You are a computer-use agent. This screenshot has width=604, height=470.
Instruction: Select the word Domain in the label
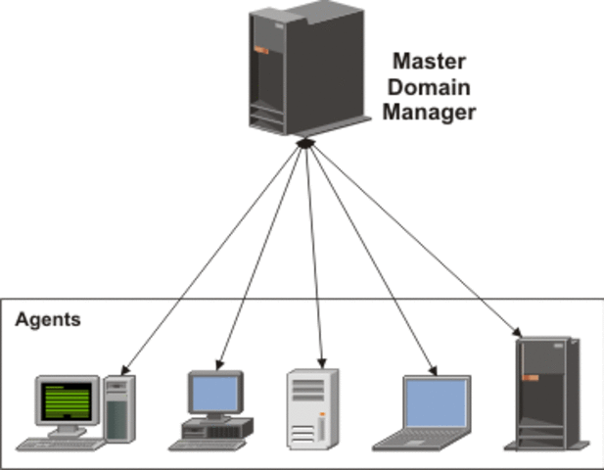(x=428, y=85)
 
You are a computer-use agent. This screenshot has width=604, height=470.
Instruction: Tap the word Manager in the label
(x=428, y=112)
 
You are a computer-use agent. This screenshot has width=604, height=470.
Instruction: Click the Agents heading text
(x=48, y=320)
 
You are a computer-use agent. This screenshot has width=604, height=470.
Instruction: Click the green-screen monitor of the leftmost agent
(x=68, y=399)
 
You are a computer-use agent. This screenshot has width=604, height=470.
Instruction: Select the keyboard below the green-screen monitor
(x=59, y=444)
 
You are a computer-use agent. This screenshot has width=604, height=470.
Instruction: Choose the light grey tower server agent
(x=312, y=408)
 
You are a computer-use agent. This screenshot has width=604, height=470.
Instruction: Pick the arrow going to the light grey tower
(x=313, y=255)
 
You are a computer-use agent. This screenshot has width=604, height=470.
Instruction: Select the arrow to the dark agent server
(x=421, y=240)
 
